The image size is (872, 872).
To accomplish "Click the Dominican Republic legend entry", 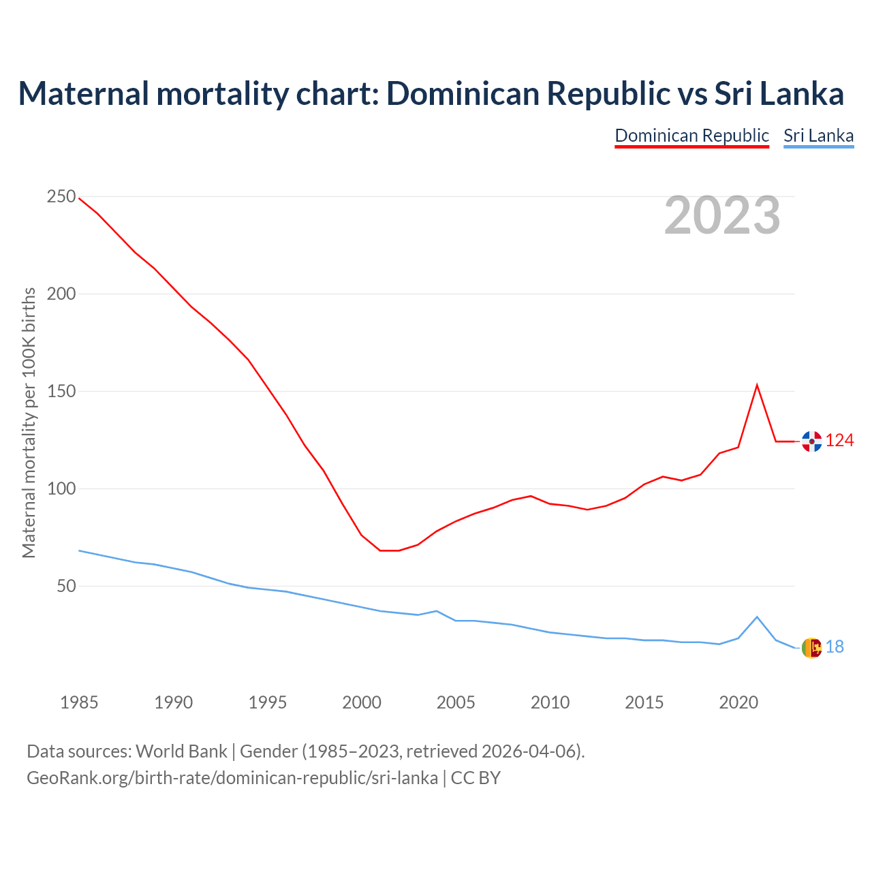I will click(691, 136).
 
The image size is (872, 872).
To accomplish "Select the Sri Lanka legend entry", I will click(818, 136).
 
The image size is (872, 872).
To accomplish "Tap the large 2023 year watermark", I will click(722, 215).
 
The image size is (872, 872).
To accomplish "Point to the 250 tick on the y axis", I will click(61, 197).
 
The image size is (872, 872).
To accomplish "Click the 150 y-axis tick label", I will click(61, 392).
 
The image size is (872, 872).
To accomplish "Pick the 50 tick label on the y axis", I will click(65, 587).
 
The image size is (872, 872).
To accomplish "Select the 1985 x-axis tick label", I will click(79, 702).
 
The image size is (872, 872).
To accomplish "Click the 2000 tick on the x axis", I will click(362, 702).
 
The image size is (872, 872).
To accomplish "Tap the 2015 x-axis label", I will click(644, 702).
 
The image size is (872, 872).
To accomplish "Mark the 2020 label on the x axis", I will click(738, 702).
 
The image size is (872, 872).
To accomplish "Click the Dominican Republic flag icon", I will click(811, 441).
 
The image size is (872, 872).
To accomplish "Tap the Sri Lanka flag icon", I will click(811, 648).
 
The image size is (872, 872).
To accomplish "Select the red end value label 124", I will click(839, 441).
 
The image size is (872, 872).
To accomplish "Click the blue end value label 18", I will click(835, 647).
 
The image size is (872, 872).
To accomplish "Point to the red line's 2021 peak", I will click(757, 386).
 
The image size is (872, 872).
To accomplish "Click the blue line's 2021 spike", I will click(757, 617).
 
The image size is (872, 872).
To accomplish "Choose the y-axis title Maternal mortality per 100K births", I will click(29, 422).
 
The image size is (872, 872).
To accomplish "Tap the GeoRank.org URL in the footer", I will click(232, 777).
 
